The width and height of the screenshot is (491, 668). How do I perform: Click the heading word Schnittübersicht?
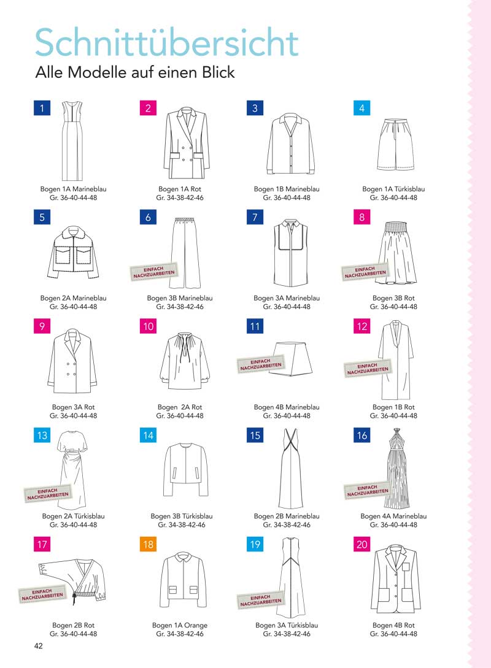tap(167, 42)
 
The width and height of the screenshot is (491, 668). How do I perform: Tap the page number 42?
tap(38, 646)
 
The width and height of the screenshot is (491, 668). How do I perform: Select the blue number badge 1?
tap(42, 108)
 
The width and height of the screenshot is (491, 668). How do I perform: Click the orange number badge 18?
tap(148, 544)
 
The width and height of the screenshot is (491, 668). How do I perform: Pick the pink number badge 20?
tap(362, 544)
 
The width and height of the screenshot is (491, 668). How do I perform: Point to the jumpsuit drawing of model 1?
tap(73, 141)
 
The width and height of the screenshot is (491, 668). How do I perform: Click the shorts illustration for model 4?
tap(395, 145)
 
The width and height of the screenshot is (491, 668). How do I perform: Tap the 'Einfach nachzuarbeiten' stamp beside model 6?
tap(153, 272)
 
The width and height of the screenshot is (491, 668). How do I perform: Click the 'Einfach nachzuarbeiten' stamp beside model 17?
tap(42, 594)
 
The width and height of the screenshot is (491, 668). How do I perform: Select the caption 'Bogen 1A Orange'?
tap(180, 625)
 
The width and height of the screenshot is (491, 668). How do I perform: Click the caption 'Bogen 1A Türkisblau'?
tap(393, 189)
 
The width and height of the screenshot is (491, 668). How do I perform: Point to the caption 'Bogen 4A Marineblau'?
tap(393, 516)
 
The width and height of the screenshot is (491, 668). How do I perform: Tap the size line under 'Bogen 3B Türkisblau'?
tap(182, 525)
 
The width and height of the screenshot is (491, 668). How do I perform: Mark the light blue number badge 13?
tap(42, 435)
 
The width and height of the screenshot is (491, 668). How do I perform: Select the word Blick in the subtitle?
tap(218, 72)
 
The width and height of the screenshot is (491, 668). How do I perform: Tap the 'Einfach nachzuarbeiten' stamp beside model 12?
tap(368, 369)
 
